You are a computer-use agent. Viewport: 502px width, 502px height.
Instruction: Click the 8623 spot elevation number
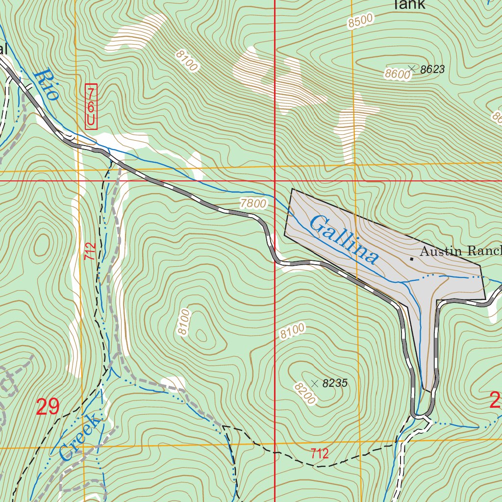tap(432, 70)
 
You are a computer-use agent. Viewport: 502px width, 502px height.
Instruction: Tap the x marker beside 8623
tap(412, 69)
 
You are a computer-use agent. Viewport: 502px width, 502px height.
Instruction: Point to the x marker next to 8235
tap(315, 383)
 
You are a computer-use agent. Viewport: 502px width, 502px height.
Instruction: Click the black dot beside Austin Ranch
tap(411, 257)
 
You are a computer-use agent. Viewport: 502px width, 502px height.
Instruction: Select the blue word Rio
tap(47, 84)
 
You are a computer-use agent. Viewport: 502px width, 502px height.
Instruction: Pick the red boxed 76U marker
tap(91, 106)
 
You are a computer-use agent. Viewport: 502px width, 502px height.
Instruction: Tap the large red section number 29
tap(48, 407)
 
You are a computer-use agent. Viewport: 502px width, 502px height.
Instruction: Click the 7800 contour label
tap(253, 203)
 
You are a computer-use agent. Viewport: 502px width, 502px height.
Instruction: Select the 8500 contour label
tap(361, 21)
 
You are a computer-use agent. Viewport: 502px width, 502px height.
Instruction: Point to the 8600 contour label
tap(397, 74)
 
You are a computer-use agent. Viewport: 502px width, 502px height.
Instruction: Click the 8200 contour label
tap(304, 394)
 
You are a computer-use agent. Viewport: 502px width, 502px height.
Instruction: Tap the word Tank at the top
tap(408, 5)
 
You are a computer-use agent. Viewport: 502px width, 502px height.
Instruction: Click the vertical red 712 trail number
tap(89, 251)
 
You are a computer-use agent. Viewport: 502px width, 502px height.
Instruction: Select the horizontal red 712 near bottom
tap(320, 453)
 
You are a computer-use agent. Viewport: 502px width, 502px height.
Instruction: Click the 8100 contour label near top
tap(187, 61)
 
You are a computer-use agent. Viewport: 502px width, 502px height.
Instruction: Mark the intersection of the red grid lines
tap(275, 181)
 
